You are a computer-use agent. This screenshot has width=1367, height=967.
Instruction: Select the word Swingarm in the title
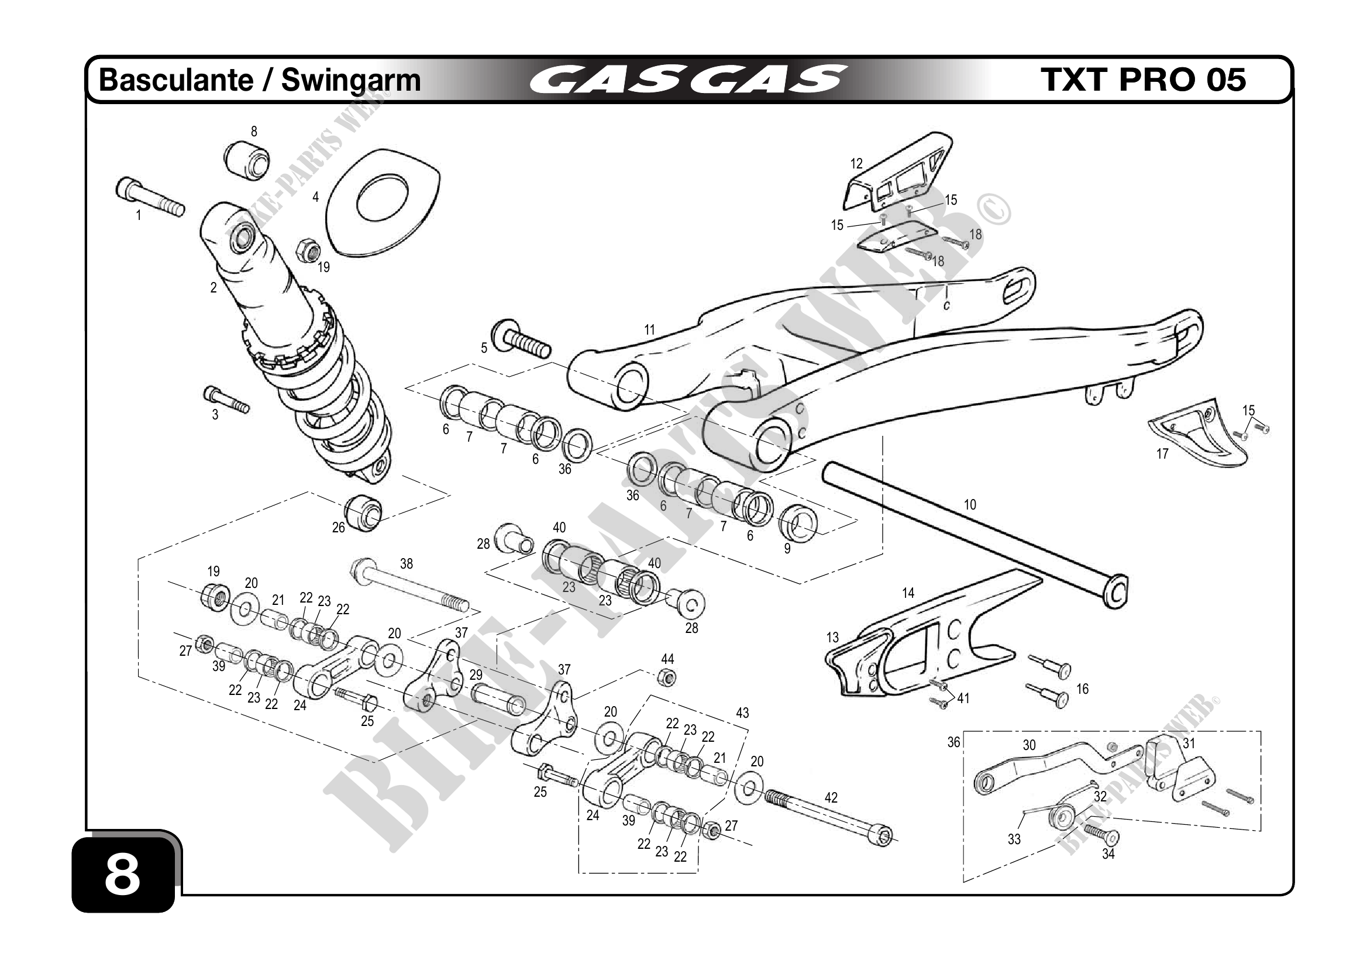[x=351, y=80]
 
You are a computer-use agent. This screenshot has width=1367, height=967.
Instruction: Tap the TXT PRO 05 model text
[x=1143, y=80]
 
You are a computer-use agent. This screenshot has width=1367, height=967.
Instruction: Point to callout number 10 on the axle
[x=970, y=505]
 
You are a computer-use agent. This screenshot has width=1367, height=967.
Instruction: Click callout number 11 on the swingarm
[x=649, y=329]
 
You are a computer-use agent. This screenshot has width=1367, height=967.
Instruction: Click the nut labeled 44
[x=667, y=677]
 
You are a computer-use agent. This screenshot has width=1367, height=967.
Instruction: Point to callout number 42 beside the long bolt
[x=831, y=798]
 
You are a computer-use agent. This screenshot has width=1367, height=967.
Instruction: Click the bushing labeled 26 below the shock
[x=363, y=510]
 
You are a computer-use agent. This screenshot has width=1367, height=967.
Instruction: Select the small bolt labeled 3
[x=226, y=400]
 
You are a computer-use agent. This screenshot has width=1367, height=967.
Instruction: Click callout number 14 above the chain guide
[x=908, y=593]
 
